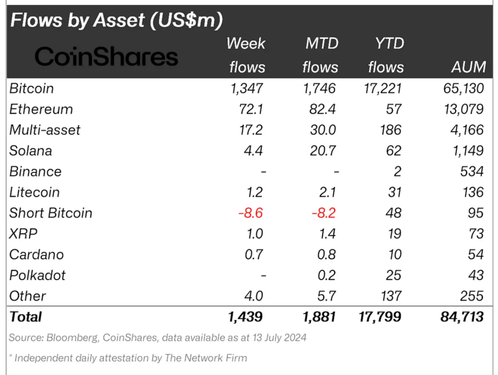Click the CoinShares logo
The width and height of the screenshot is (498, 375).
tap(107, 57)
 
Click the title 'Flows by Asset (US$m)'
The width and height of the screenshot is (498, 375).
tap(116, 20)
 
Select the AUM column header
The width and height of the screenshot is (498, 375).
tap(468, 67)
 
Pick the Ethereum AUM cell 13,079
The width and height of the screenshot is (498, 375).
tap(460, 109)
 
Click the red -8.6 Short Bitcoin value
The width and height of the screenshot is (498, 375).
tap(250, 213)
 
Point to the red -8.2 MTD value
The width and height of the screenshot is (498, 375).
tap(324, 213)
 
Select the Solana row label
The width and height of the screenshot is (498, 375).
tap(31, 151)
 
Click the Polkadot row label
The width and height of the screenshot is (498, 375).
tap(38, 275)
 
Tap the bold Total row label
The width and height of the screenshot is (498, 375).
tap(25, 317)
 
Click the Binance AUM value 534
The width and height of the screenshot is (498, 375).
tap(471, 172)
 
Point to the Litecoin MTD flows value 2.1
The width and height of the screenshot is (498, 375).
tap(328, 193)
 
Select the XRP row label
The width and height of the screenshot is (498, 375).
tap(23, 234)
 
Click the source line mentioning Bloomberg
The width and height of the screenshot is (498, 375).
tap(158, 337)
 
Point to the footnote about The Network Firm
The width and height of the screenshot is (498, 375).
tap(128, 358)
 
